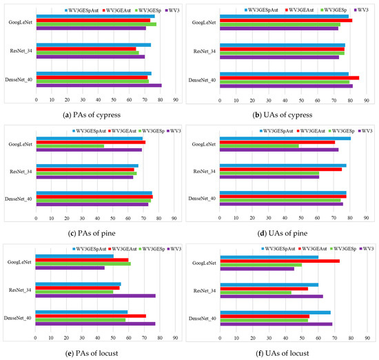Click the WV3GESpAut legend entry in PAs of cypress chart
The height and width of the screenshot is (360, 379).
85,11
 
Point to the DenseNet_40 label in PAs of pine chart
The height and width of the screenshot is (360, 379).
18,199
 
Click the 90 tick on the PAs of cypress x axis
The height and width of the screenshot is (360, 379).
176,101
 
